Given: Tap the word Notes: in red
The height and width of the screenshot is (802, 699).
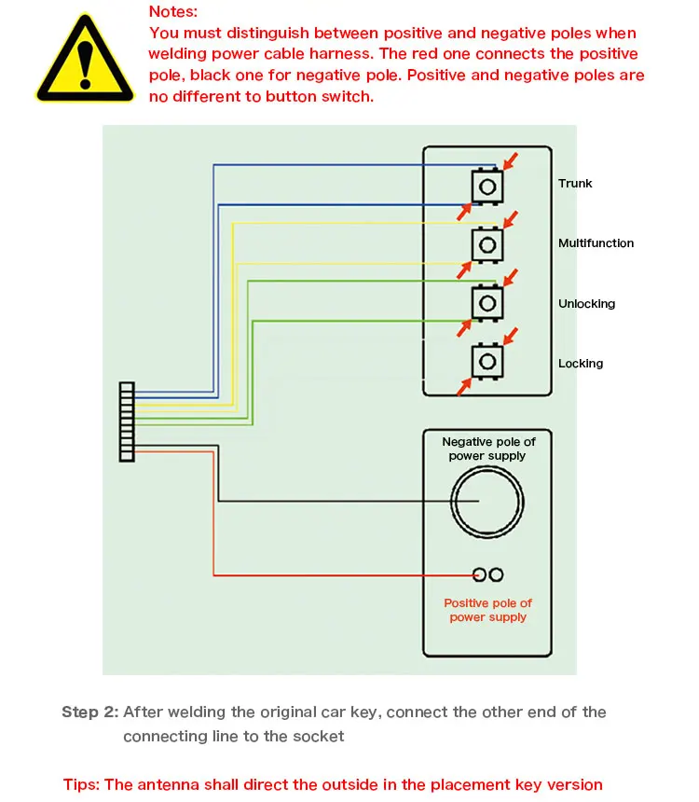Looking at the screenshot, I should (x=172, y=12).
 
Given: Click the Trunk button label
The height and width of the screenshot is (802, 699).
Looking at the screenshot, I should (x=575, y=184).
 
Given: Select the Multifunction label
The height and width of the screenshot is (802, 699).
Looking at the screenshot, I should (x=596, y=243).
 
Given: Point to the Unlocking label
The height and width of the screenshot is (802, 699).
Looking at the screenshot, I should (x=586, y=304).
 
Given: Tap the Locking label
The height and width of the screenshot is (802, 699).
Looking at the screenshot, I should (x=581, y=364).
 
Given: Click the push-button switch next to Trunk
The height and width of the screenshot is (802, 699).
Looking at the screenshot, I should (x=486, y=186).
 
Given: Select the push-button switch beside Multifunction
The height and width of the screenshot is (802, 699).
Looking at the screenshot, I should (x=486, y=244).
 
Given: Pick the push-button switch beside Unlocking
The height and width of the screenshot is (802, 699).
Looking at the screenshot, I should (x=486, y=302).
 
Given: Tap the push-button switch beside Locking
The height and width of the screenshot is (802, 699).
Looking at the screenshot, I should (x=486, y=361).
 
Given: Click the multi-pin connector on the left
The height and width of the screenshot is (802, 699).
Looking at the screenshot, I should (x=127, y=422).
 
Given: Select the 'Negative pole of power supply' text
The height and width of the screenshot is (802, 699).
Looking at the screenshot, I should (x=488, y=449).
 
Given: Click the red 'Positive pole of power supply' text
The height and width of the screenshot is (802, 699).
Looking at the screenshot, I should (x=487, y=610).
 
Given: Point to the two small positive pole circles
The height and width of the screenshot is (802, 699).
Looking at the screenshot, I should (x=488, y=574).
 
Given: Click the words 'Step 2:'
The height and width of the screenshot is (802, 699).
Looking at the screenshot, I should (x=89, y=712).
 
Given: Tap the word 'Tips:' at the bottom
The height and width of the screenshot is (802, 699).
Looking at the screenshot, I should (x=82, y=784).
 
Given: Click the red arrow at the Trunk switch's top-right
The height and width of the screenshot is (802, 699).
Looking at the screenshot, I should (x=511, y=160).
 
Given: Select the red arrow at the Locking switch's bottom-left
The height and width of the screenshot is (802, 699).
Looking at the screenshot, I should (x=463, y=386).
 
